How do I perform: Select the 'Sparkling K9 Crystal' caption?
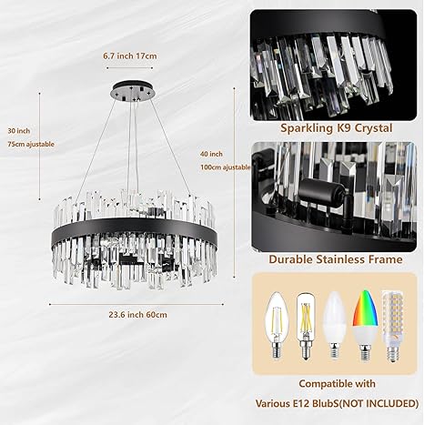click(x=337, y=128)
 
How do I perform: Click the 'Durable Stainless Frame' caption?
click(x=337, y=258)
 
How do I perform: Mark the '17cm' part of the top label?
click(x=146, y=56)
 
